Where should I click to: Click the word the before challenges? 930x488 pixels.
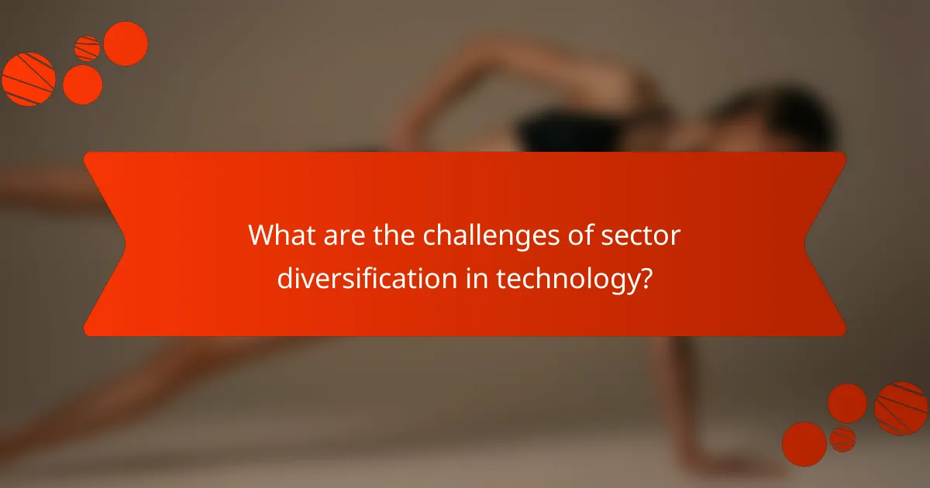coord(391,235)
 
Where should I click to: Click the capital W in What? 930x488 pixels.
coord(260,235)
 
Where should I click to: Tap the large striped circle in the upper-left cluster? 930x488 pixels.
coord(29,79)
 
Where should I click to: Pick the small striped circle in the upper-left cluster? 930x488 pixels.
coord(88,48)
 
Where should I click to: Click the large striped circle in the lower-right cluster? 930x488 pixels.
coord(901,408)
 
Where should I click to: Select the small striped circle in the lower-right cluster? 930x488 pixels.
coord(842,438)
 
